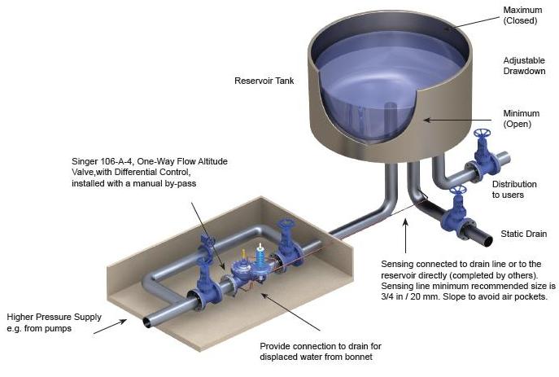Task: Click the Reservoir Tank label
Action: point(264,81)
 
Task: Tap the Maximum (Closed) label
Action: point(522,15)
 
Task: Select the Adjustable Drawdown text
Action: point(525,66)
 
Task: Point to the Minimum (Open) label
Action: point(522,118)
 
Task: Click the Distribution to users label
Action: point(514,190)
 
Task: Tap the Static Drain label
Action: point(524,234)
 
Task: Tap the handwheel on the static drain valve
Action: point(458,190)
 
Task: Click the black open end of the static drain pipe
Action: point(488,242)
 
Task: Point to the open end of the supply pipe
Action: point(147,322)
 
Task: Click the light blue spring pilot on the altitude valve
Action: point(260,257)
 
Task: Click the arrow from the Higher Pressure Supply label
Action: point(110,327)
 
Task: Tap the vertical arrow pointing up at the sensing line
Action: point(405,236)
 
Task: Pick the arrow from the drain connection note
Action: point(290,312)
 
